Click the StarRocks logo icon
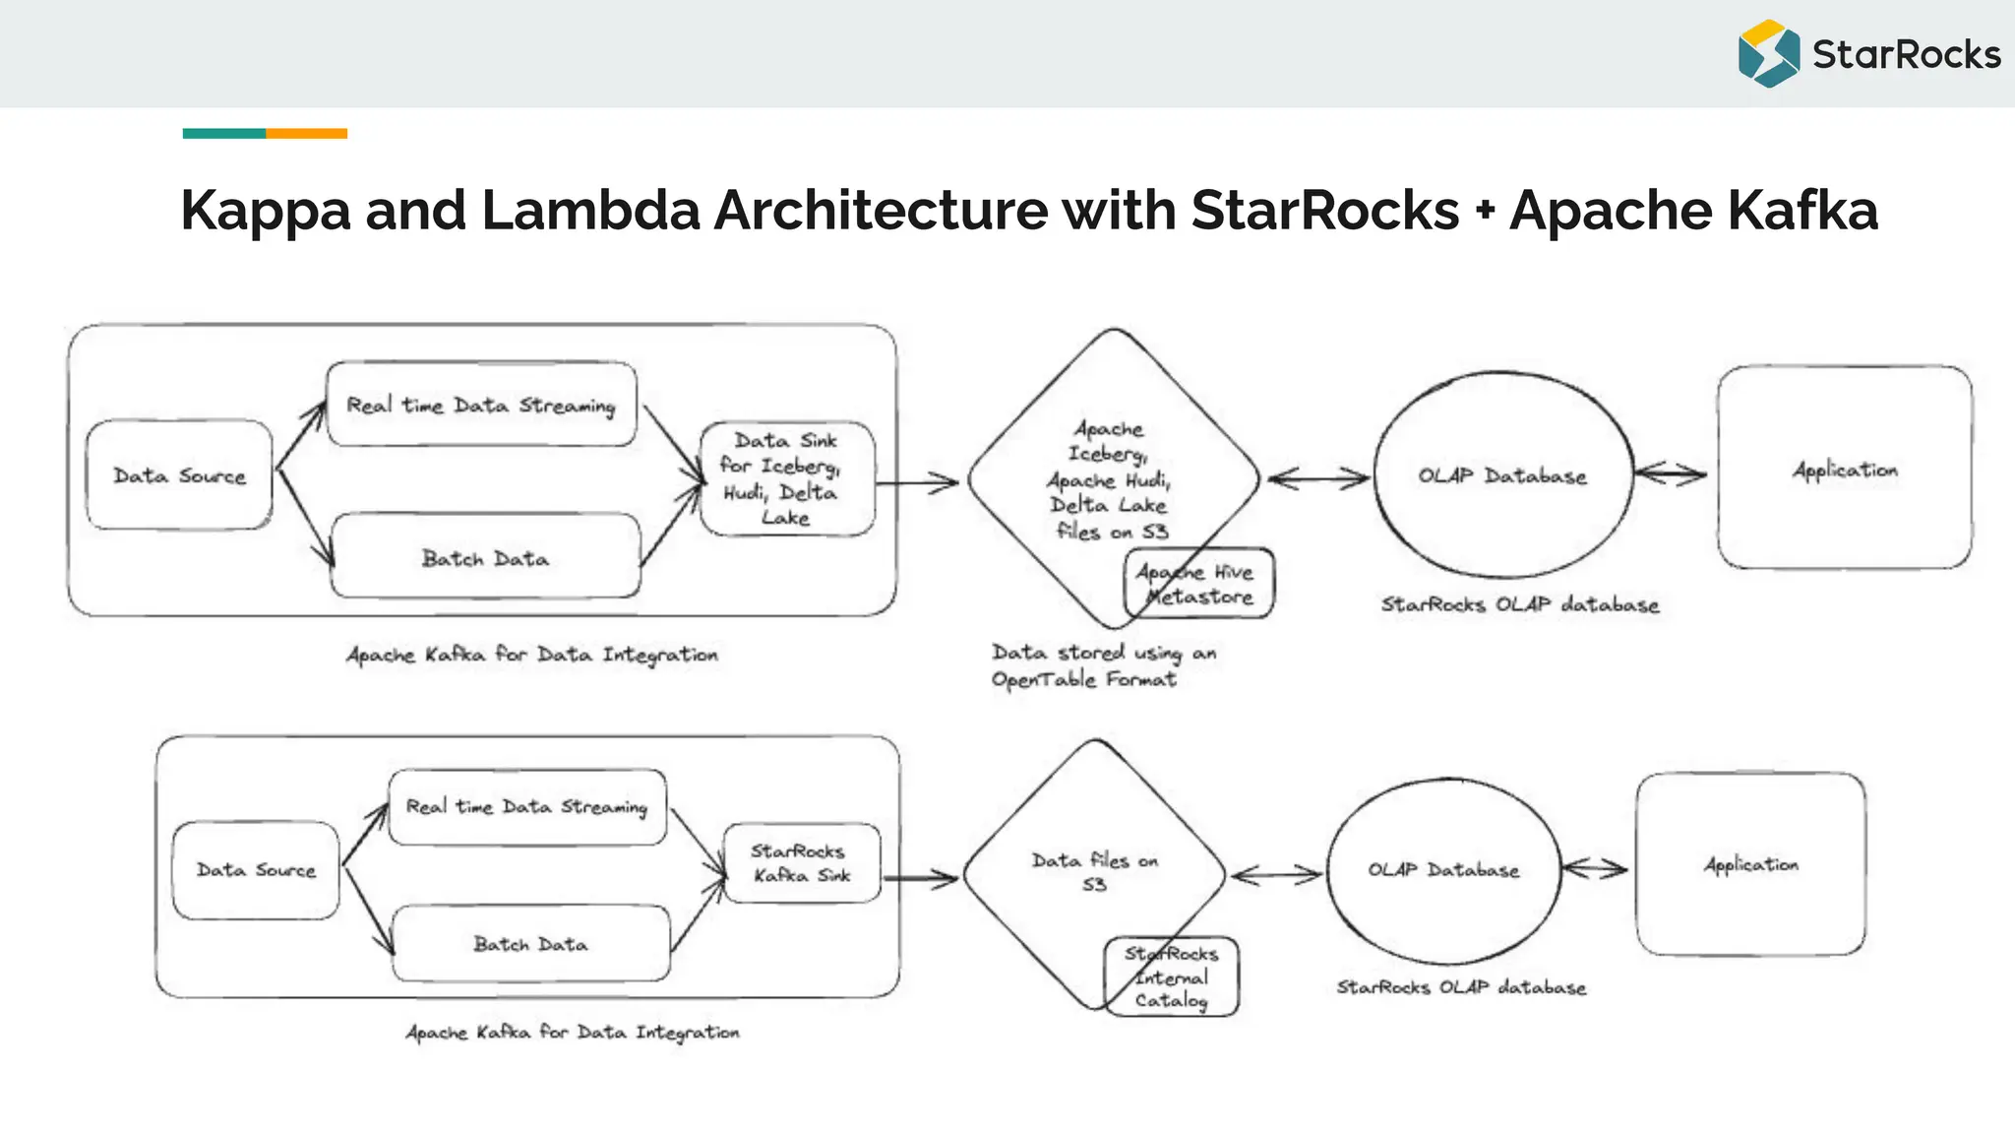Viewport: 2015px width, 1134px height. [1768, 54]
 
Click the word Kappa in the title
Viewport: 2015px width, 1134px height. [265, 211]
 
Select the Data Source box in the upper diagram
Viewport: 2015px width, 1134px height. [179, 475]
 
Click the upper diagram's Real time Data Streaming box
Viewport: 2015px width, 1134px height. [481, 405]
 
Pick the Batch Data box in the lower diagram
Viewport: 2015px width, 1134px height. [530, 944]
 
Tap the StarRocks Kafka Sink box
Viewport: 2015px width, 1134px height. [801, 863]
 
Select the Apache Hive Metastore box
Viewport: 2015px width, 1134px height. [1198, 584]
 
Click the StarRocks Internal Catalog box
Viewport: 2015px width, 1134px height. [1171, 976]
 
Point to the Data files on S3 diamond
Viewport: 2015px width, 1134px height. [1094, 871]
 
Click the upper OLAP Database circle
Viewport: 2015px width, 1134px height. [1502, 475]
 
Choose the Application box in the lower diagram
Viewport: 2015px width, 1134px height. [1750, 864]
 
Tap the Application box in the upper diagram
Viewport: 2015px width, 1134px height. [1844, 469]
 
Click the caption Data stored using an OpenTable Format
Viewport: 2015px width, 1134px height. [1102, 665]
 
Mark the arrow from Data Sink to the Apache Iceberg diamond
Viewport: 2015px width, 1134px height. [917, 482]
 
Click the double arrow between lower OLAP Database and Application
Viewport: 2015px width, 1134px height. [1595, 868]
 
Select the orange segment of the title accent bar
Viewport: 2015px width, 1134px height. [306, 133]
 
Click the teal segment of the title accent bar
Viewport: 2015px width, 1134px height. [223, 133]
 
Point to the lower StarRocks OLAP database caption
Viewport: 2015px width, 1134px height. [1461, 987]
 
